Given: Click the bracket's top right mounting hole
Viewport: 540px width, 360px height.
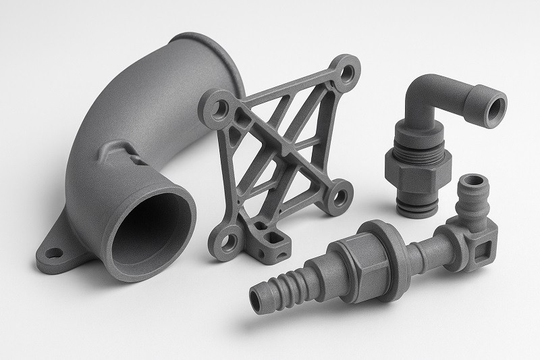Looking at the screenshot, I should pos(348,70).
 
